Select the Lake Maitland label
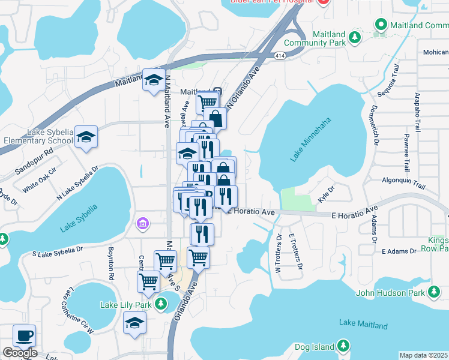tap(363, 325)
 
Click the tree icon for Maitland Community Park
tap(355, 37)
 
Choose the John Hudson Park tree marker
tap(433, 293)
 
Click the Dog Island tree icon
tap(343, 346)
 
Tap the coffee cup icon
tap(24, 335)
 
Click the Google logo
tap(20, 353)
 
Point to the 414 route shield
tap(279, 55)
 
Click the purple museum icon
tap(142, 224)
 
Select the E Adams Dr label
tap(399, 251)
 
